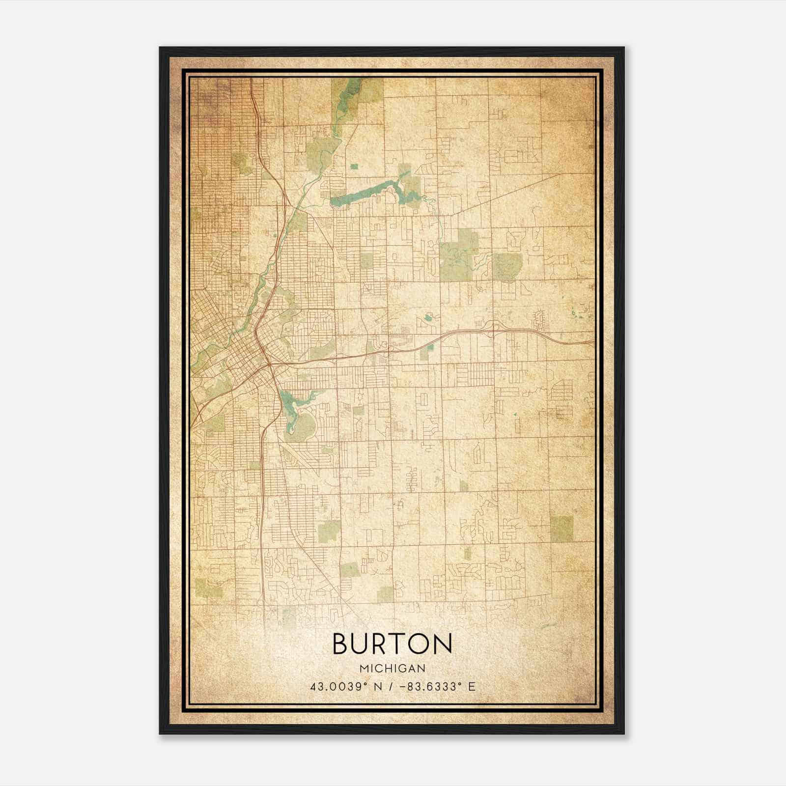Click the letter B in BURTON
click(343, 644)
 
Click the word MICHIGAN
click(393, 669)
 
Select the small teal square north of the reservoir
click(354, 167)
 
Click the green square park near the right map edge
click(561, 527)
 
